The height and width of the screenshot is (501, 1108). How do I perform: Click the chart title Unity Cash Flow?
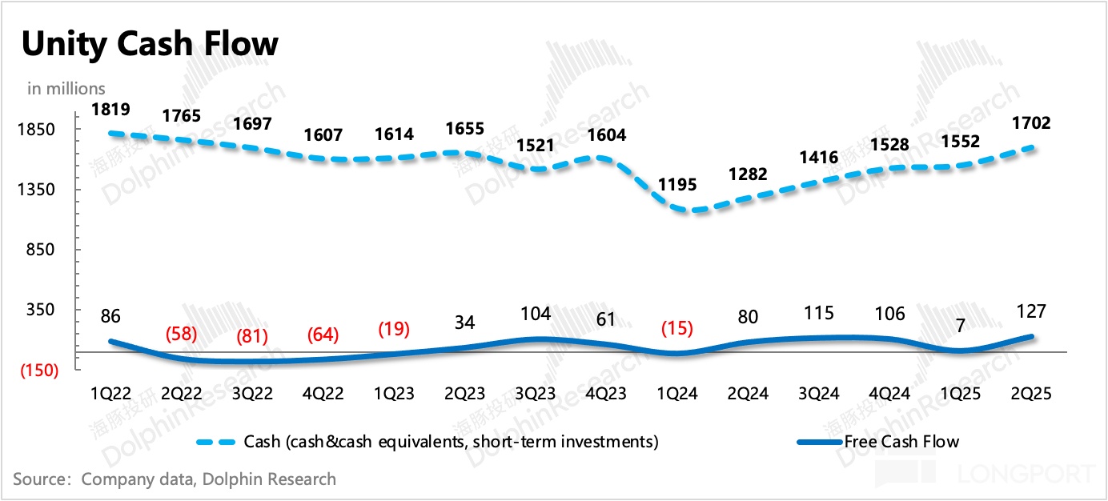[x=150, y=44]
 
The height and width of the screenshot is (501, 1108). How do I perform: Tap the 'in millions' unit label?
[x=66, y=88]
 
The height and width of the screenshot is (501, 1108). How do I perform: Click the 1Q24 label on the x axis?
[x=676, y=394]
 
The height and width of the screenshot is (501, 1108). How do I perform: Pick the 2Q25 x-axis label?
[x=1031, y=394]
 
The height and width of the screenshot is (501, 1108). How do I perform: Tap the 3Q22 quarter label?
[x=252, y=394]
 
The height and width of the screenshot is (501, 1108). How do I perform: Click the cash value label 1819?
[x=110, y=110]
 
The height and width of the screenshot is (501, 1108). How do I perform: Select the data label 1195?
[x=676, y=184]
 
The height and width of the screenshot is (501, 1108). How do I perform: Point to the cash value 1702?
[x=1031, y=124]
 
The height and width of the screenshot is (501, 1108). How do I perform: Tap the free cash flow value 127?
[x=1031, y=311]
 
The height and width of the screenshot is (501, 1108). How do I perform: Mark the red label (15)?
[x=676, y=328]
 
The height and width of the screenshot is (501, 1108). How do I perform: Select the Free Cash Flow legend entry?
[x=901, y=442]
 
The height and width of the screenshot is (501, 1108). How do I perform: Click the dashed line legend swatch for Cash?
[x=217, y=442]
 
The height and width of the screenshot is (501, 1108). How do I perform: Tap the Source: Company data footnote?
[x=175, y=479]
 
